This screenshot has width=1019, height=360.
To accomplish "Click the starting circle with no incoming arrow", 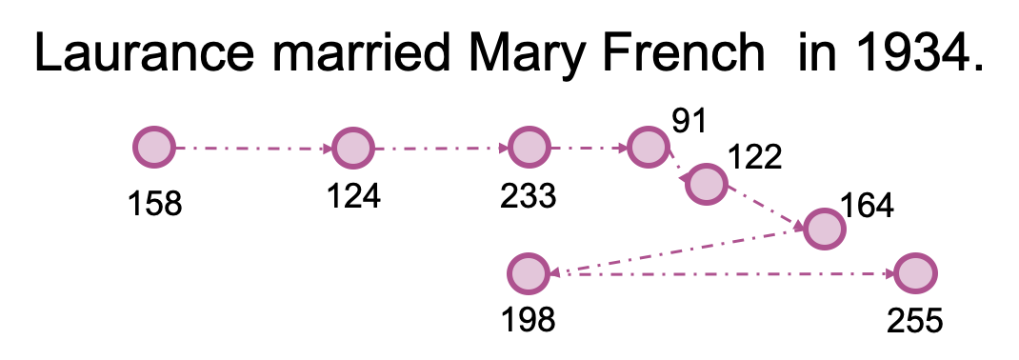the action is point(154,148).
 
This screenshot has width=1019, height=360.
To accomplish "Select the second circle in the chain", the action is point(353,148).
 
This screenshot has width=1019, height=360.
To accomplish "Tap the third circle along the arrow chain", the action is point(529,148).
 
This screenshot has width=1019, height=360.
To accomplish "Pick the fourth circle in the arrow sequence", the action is point(649,148).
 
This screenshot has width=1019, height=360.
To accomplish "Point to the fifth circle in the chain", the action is point(707,184).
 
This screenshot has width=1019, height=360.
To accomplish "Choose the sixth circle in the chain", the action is point(825,229).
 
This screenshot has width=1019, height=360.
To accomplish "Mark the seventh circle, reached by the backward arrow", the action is point(529,274).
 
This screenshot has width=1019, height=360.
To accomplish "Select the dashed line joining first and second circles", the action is point(253,148).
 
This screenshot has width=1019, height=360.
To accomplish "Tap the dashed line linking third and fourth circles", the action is point(589,148).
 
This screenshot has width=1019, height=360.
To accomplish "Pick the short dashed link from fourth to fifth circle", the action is point(675,164).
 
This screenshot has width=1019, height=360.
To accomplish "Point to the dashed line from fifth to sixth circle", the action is point(766,207).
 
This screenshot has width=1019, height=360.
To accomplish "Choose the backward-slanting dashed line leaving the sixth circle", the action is point(676,251).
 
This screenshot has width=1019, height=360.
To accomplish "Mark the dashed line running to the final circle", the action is point(724,274).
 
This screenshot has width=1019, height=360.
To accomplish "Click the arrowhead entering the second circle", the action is point(327,148).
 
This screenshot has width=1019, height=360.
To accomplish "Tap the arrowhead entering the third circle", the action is point(503,148).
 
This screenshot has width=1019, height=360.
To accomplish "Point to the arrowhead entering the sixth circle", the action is point(798,226).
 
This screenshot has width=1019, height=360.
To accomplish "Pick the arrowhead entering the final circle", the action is point(889,274).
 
